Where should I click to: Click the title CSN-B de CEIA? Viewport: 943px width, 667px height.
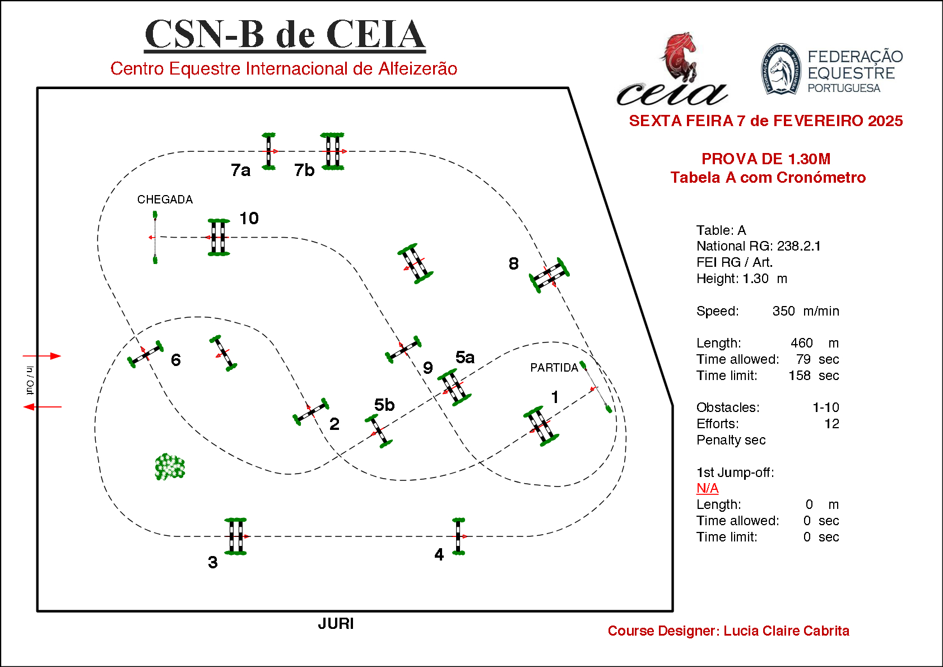coord(285,34)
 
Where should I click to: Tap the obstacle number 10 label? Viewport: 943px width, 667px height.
coord(249,218)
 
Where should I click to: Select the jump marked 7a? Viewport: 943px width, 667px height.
coord(269,151)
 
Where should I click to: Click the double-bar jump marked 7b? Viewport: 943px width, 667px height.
coord(333,151)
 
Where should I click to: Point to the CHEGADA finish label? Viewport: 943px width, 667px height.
coord(165,200)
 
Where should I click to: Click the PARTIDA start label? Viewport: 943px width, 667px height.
coord(554,368)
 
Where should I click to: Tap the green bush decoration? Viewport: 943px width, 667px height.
coord(169,467)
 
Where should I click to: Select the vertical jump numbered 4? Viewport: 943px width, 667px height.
coord(458,536)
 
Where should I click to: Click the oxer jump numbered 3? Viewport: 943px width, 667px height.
coord(235,536)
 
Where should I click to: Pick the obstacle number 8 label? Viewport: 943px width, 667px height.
coord(513,263)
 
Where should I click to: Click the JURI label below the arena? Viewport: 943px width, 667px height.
coord(336,623)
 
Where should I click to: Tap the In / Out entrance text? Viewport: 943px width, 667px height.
coord(30,381)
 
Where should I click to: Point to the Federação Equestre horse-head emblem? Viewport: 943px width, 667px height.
coord(781,70)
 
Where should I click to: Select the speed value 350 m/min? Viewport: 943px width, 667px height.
coord(805,311)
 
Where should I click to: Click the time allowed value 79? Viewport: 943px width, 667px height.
coord(803,359)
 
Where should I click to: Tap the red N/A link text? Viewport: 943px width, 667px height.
coord(707,488)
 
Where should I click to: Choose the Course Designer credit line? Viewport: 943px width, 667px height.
coord(728,631)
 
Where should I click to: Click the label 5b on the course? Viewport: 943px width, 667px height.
coord(384,405)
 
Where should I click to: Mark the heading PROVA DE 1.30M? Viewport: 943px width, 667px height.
coord(765,159)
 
